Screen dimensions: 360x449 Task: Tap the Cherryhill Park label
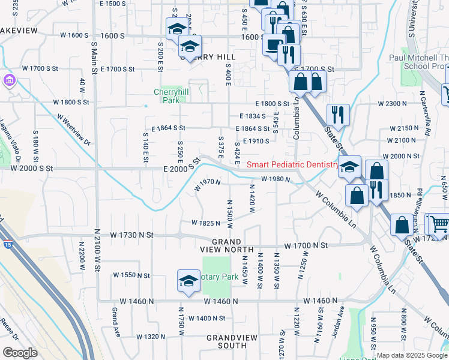(x=167, y=96)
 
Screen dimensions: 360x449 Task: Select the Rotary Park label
(x=213, y=278)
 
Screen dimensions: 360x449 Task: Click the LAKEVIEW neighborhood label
(x=18, y=30)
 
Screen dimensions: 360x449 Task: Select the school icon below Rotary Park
(x=188, y=280)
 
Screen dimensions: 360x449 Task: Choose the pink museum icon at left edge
(x=9, y=80)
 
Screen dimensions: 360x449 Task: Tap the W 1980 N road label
(x=276, y=179)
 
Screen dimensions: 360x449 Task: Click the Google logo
(x=20, y=353)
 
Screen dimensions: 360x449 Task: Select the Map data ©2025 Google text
(x=412, y=355)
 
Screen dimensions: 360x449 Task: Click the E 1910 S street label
(x=256, y=141)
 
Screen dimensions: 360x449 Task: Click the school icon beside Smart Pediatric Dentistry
(x=349, y=168)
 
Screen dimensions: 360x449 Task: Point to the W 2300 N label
(x=393, y=104)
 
